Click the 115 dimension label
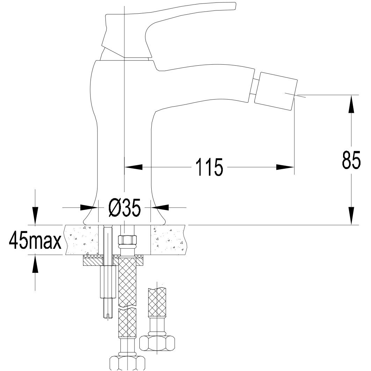click(209, 167)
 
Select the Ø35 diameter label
click(125, 208)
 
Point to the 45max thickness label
click(35, 240)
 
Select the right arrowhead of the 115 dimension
click(285, 167)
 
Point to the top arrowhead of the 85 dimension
click(351, 104)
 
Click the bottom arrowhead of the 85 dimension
click(351, 216)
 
